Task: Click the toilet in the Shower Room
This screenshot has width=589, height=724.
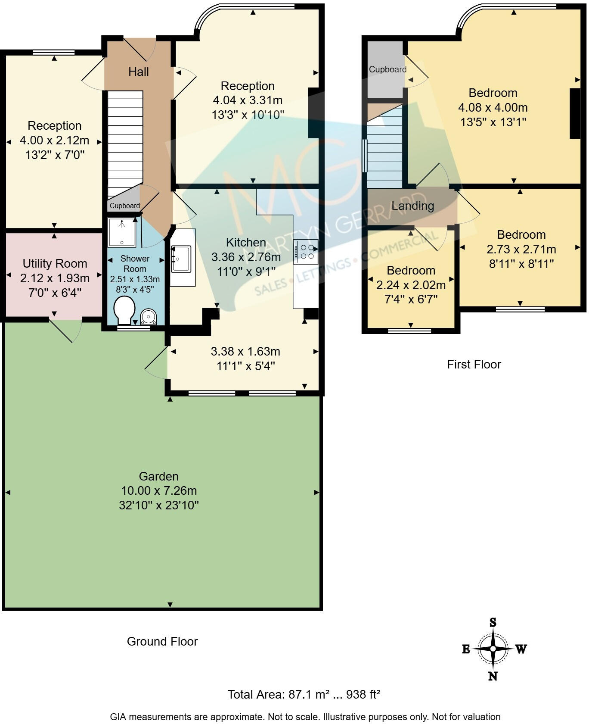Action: (x=124, y=310)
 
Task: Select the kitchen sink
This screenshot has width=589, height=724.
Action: (x=181, y=259)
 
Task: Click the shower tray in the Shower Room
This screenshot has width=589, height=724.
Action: (x=122, y=232)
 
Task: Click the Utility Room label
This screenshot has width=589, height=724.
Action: (x=55, y=263)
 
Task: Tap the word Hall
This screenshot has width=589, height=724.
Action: (x=138, y=72)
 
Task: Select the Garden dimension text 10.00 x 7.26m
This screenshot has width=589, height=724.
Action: (x=159, y=490)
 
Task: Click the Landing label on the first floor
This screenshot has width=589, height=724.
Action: (x=412, y=206)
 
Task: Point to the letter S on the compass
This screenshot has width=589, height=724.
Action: (x=493, y=622)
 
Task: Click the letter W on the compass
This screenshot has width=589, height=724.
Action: (x=521, y=649)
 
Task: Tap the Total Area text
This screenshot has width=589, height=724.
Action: (x=304, y=694)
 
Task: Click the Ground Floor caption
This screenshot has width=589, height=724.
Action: (x=162, y=641)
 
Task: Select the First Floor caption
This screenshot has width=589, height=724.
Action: (x=474, y=364)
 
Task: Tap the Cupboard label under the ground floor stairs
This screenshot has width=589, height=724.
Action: (x=124, y=206)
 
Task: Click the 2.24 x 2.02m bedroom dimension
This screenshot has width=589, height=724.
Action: (x=411, y=285)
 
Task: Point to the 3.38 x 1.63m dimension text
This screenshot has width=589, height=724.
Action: (x=245, y=351)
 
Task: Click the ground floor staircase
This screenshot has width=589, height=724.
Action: (x=125, y=142)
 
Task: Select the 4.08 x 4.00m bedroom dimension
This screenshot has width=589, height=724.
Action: (x=493, y=107)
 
